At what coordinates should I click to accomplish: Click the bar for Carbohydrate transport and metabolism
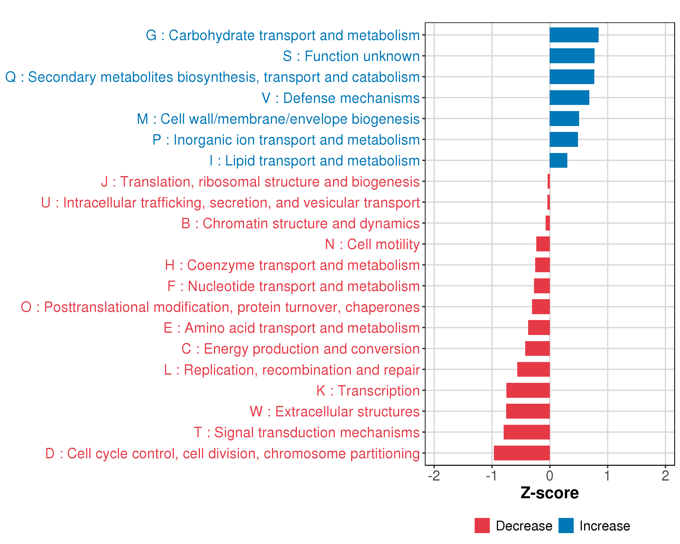click(x=574, y=35)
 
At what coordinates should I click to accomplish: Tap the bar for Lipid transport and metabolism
click(x=558, y=160)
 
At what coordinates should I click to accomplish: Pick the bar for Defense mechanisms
click(x=569, y=98)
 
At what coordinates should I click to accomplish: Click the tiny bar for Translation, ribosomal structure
click(x=549, y=181)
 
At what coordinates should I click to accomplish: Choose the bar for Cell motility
click(x=543, y=244)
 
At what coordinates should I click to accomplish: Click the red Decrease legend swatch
click(x=482, y=526)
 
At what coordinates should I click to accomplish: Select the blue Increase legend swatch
click(x=566, y=526)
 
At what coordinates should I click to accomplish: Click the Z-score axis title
click(x=549, y=493)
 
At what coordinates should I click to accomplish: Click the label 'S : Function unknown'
click(x=351, y=56)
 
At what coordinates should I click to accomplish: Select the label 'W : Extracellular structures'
click(x=334, y=412)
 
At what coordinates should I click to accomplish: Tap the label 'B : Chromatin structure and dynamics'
click(x=300, y=223)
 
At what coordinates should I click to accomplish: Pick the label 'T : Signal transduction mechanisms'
click(x=307, y=432)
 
